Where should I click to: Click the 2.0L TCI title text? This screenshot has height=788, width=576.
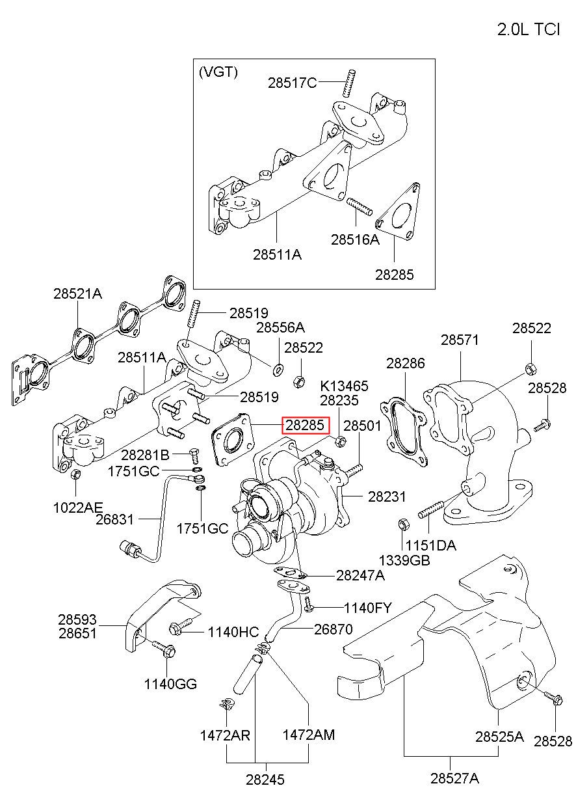tap(528, 29)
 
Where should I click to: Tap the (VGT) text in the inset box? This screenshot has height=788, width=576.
tap(218, 72)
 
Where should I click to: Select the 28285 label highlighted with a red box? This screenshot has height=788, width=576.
tap(305, 426)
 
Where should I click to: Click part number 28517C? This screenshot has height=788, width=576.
tap(293, 83)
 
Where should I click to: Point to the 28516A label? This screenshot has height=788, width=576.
tap(354, 239)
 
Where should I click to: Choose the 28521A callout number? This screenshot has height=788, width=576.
tap(78, 293)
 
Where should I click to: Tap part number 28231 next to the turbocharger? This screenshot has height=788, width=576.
tap(387, 496)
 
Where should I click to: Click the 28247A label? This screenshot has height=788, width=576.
tap(360, 575)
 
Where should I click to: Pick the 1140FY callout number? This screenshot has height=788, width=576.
tap(368, 608)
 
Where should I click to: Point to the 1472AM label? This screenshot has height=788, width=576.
tap(308, 735)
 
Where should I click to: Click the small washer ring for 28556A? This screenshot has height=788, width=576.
tap(278, 370)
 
